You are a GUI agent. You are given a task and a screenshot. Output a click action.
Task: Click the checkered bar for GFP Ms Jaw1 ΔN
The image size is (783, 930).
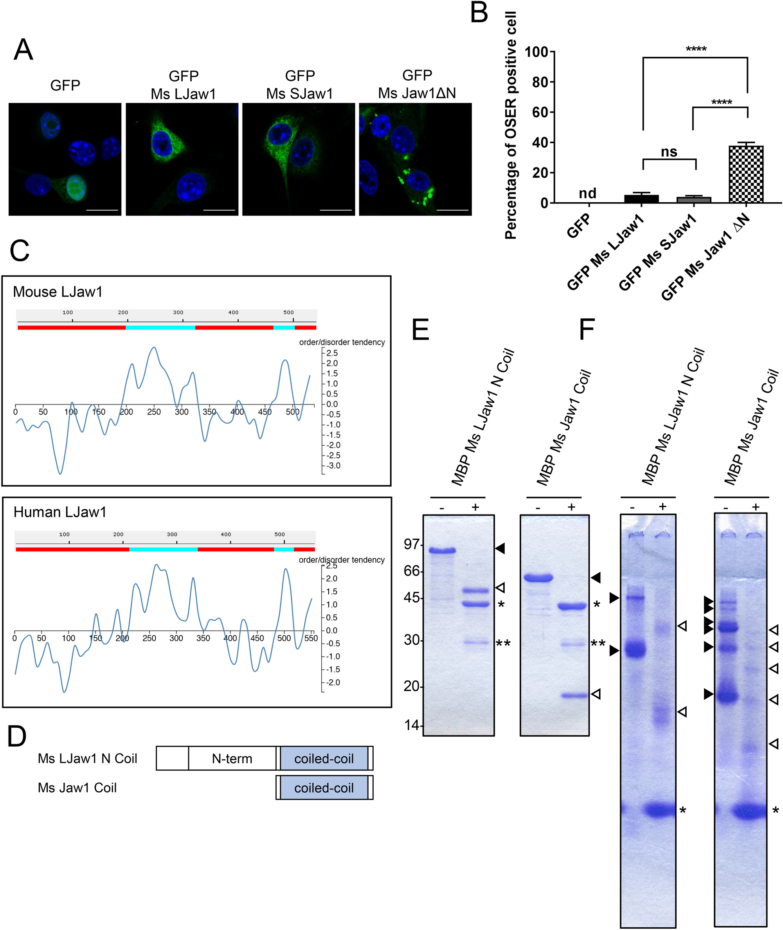coord(746,174)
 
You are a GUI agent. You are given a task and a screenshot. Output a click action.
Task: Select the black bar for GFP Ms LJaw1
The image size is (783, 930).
coord(641,199)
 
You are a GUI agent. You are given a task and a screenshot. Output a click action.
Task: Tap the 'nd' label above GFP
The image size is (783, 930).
coord(587,193)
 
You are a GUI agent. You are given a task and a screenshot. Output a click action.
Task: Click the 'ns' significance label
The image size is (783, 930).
coord(669,152)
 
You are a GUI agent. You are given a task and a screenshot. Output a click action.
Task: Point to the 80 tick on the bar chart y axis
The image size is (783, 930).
coord(540,82)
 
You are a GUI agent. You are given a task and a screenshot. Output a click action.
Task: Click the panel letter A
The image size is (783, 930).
coord(23,50)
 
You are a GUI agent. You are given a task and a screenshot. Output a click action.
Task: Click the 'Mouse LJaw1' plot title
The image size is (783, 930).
coord(58,292)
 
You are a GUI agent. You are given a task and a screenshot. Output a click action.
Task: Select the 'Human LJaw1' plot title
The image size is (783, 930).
coord(60,512)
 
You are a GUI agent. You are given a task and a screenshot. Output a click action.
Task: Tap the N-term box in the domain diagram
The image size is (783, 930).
coord(232,759)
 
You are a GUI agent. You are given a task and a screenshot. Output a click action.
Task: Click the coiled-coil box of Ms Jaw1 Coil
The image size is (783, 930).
coord(324,788)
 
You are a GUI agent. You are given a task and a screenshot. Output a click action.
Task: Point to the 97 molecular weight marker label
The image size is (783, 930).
coord(412,544)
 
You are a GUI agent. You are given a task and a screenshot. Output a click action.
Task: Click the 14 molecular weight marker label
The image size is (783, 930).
coord(412,725)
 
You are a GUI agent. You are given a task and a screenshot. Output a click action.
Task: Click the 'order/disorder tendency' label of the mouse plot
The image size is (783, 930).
coord(342,342)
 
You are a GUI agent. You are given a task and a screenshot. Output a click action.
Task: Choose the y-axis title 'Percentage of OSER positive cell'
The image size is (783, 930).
coord(511,125)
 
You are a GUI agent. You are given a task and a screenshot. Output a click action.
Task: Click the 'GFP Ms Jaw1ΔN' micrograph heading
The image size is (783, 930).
coord(417,84)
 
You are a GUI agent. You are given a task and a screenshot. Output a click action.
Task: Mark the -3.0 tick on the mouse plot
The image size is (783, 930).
coord(333,466)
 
